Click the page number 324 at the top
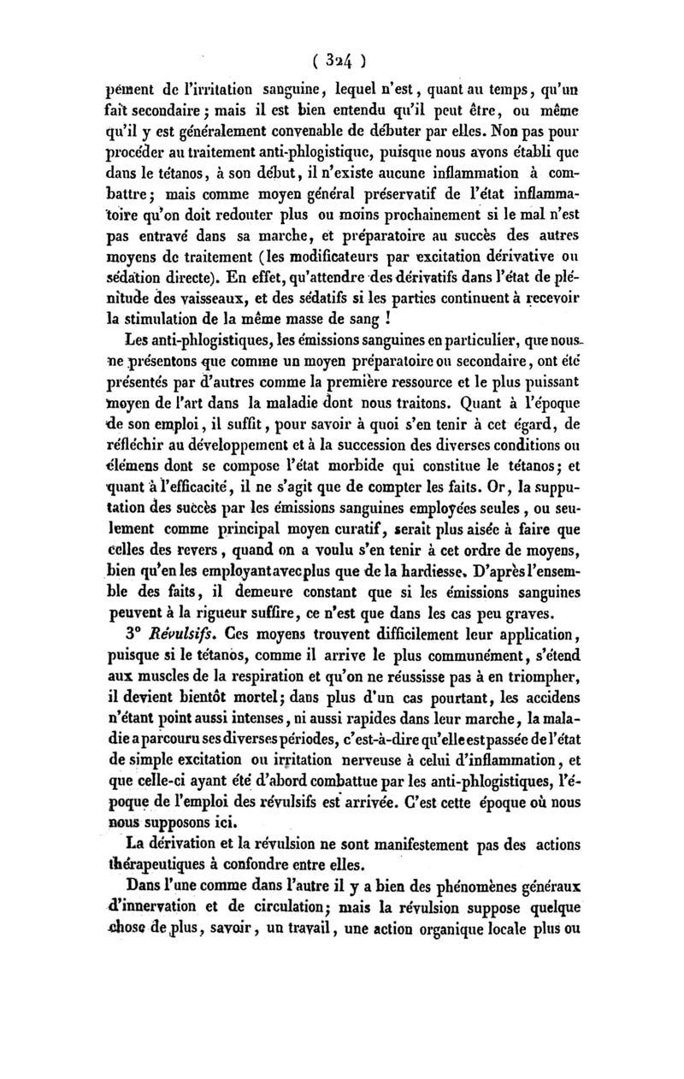339,60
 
